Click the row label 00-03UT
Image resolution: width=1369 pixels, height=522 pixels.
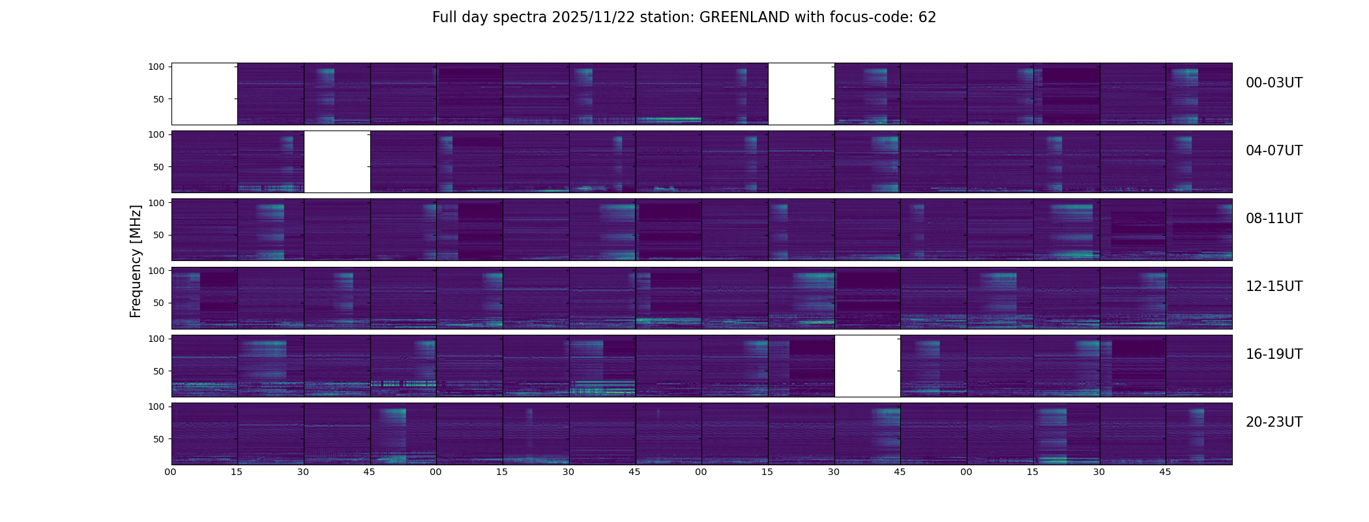click(x=1274, y=83)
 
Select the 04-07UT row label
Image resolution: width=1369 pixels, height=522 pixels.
click(x=1274, y=151)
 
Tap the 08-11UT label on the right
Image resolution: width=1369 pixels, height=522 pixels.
click(x=1274, y=219)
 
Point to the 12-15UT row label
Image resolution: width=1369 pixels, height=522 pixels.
click(x=1274, y=286)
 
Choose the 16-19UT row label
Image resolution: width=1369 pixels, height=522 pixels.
click(x=1274, y=354)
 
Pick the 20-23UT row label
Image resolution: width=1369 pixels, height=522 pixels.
click(x=1274, y=422)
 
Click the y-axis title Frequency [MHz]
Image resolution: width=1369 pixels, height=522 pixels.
click(x=136, y=261)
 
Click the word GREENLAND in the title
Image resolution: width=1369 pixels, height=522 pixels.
click(x=744, y=18)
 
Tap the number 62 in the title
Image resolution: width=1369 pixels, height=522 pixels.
click(x=927, y=18)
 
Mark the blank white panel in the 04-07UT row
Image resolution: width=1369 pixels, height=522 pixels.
click(x=337, y=162)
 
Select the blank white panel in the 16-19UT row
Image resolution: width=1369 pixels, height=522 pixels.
click(x=867, y=366)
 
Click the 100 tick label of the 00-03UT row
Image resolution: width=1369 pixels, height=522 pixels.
click(x=156, y=67)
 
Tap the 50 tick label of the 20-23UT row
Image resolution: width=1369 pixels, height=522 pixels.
click(x=159, y=439)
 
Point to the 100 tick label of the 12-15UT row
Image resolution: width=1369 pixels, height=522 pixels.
click(x=156, y=270)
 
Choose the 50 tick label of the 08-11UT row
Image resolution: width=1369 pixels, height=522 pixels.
click(x=159, y=235)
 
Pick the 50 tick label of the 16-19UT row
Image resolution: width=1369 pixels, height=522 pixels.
click(x=159, y=371)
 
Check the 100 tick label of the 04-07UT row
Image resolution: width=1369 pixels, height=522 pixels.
click(x=156, y=134)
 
